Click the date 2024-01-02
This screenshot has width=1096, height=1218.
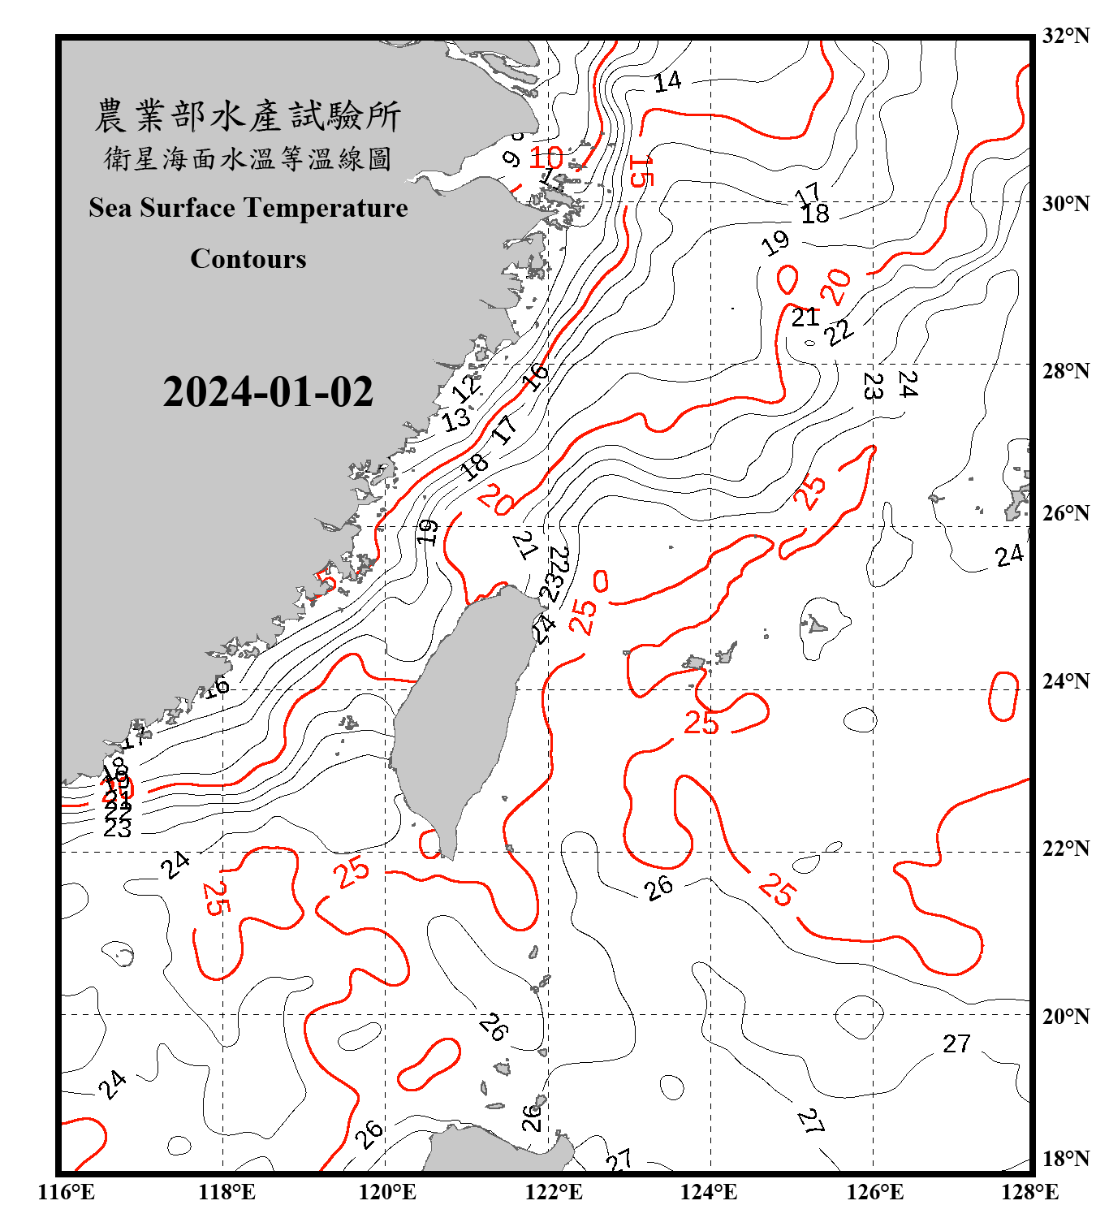pyautogui.click(x=268, y=392)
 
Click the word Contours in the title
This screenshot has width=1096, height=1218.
pyautogui.click(x=248, y=259)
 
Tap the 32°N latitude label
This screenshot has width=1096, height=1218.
pyautogui.click(x=1066, y=36)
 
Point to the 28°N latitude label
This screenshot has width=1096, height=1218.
pyautogui.click(x=1066, y=371)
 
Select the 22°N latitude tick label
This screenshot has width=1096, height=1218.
pyautogui.click(x=1066, y=849)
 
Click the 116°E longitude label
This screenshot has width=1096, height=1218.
pyautogui.click(x=67, y=1192)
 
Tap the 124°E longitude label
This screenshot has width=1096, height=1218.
pyautogui.click(x=709, y=1192)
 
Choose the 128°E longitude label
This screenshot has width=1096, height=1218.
pyautogui.click(x=1029, y=1192)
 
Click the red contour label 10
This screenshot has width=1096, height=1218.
pyautogui.click(x=546, y=158)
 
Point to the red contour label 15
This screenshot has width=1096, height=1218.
pyautogui.click(x=641, y=171)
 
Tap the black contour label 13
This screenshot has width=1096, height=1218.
pyautogui.click(x=456, y=419)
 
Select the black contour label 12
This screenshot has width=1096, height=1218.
pyautogui.click(x=466, y=387)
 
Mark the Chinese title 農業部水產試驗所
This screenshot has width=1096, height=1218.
pyautogui.click(x=248, y=116)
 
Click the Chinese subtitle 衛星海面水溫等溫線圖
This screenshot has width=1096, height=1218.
pyautogui.click(x=248, y=159)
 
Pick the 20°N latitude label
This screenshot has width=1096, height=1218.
pyautogui.click(x=1066, y=1016)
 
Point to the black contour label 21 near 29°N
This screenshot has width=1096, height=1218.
pyautogui.click(x=805, y=317)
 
